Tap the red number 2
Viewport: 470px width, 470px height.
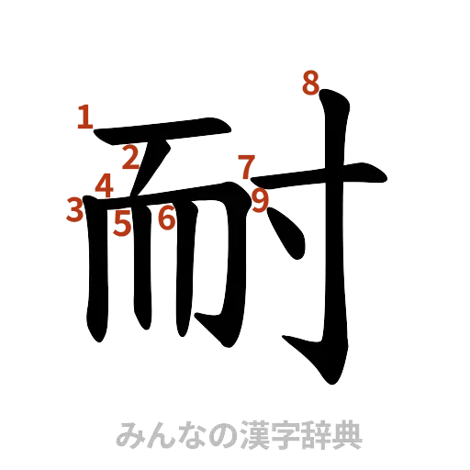pos(131,158)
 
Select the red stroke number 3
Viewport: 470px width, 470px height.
pos(75,210)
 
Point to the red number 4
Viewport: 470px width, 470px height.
pos(105,186)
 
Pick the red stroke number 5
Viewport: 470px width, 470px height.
pos(122,223)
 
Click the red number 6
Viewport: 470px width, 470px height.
pos(166,219)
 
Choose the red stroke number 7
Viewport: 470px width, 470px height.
pos(246,167)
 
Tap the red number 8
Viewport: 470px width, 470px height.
pos(310,83)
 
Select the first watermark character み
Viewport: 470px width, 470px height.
pos(128,435)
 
